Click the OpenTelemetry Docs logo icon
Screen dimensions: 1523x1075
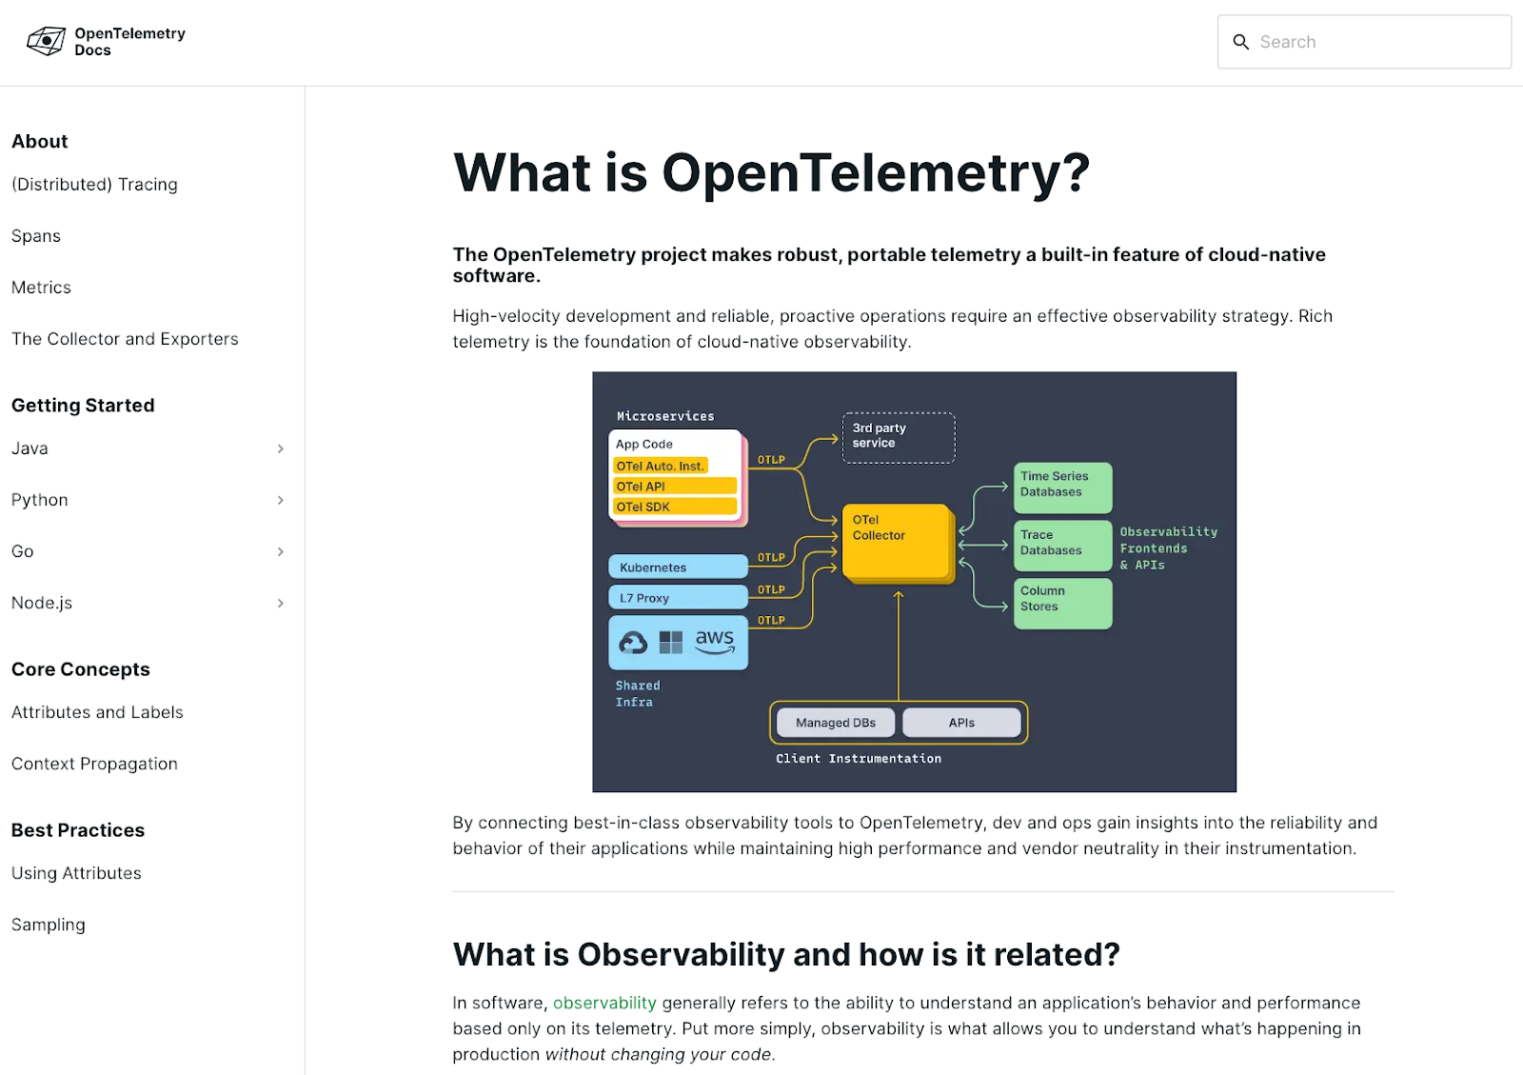46,41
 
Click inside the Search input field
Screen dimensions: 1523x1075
1371,42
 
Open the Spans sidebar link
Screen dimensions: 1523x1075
36,236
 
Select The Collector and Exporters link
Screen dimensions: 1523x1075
125,339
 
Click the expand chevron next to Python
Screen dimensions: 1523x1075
281,500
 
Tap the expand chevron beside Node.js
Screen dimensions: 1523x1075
281,603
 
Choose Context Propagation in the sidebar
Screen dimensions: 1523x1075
94,764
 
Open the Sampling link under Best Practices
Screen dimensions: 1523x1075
49,925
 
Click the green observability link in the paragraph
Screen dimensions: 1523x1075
604,1003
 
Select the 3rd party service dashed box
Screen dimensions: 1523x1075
898,437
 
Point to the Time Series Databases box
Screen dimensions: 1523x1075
1062,486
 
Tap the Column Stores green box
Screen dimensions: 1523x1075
1062,602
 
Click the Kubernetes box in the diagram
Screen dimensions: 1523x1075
677,567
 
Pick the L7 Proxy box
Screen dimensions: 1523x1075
677,598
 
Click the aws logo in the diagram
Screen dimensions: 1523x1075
715,641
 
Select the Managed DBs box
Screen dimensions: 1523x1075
836,723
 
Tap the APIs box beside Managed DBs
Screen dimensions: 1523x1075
961,723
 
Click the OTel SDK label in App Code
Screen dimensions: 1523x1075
675,507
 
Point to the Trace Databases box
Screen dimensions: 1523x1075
1062,544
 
